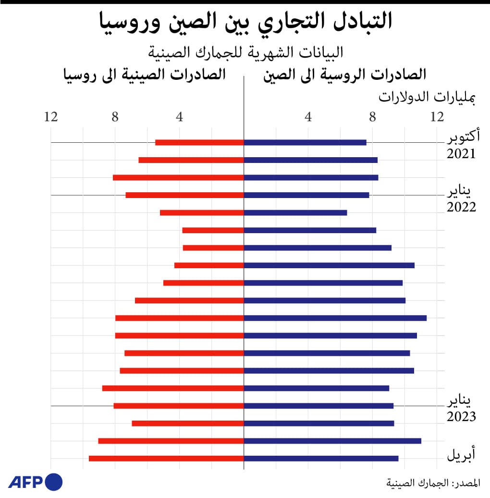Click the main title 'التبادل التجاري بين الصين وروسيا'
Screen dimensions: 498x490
[x=245, y=22]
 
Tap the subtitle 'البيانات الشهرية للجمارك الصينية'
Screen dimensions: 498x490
[x=245, y=51]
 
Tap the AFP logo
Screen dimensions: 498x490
[x=35, y=481]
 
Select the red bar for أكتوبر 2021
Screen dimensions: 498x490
[x=199, y=142]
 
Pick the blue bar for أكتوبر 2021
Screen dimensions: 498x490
[x=305, y=142]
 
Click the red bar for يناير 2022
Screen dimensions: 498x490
[x=185, y=195]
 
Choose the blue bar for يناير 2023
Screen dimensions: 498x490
[x=318, y=406]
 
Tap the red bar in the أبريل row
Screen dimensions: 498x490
[x=166, y=459]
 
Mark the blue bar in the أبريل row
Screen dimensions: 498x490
[x=321, y=459]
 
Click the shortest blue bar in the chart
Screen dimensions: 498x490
[x=295, y=212]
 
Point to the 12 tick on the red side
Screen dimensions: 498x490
[x=51, y=116]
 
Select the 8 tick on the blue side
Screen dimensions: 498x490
[x=372, y=116]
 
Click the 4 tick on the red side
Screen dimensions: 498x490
[x=179, y=116]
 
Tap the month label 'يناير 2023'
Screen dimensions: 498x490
[x=462, y=409]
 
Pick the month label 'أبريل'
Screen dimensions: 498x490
[x=461, y=454]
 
